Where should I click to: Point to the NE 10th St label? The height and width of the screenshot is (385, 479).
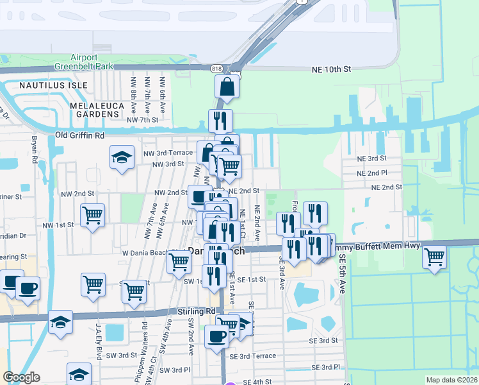click(x=332, y=69)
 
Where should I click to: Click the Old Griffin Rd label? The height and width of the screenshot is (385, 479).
click(x=80, y=135)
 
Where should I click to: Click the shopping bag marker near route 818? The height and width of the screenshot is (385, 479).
click(x=227, y=86)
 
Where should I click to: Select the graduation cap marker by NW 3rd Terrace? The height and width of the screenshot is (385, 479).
click(x=122, y=158)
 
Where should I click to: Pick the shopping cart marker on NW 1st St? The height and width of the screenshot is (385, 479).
click(x=93, y=216)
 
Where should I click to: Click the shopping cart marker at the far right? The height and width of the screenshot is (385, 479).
click(x=435, y=257)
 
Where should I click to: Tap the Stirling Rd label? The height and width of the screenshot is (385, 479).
click(x=197, y=311)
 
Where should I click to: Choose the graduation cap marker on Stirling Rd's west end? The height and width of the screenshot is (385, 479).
click(x=60, y=321)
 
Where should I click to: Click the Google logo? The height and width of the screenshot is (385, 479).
click(x=22, y=377)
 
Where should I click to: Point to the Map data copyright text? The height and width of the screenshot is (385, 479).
click(x=451, y=380)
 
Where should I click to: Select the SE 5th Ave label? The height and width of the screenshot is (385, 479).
click(x=343, y=273)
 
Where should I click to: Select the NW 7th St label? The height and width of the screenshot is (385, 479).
click(x=142, y=120)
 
